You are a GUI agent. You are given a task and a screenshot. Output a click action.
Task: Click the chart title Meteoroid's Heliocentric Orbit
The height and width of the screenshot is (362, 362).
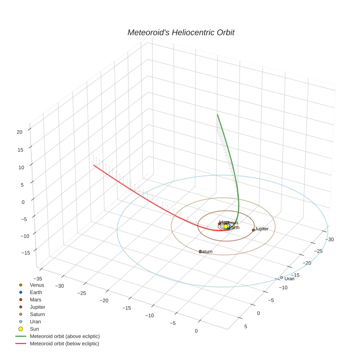pos(181,32)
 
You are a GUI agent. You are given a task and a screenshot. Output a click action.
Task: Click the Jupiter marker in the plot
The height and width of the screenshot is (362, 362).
pos(253,230)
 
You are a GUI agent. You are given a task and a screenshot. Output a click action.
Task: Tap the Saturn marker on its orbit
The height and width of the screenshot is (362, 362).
pos(200,252)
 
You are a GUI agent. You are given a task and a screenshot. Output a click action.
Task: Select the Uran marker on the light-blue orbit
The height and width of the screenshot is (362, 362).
pos(281,277)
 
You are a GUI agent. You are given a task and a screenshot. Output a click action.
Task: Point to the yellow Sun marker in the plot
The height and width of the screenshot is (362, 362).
pos(226,227)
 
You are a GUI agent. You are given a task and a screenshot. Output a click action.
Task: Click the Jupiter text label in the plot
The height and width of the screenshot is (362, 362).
pos(262,229)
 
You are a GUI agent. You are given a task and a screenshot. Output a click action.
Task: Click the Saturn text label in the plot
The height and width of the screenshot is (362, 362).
pos(206,252)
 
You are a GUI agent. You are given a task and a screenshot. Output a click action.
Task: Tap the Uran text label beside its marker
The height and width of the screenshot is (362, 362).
pos(290,279)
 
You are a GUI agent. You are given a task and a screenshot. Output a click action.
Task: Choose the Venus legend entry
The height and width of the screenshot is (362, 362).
pos(37,285)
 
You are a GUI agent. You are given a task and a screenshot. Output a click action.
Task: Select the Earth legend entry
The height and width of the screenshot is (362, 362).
pos(36,292)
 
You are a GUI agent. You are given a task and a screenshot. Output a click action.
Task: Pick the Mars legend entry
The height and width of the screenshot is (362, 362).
pos(36,300)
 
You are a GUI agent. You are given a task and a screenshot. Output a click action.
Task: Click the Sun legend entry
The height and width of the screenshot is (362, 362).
pos(34,329)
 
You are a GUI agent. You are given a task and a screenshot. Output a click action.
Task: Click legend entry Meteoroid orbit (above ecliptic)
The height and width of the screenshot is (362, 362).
pos(65,336)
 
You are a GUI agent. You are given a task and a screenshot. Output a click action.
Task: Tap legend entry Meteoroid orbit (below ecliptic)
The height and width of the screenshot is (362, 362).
pos(64,344)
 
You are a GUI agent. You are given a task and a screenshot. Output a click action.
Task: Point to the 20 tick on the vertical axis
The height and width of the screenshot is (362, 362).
pos(20,132)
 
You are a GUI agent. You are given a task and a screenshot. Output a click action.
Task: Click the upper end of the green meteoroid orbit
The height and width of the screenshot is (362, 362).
pos(217,115)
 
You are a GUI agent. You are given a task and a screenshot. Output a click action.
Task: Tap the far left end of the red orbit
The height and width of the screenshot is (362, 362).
pos(94,166)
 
